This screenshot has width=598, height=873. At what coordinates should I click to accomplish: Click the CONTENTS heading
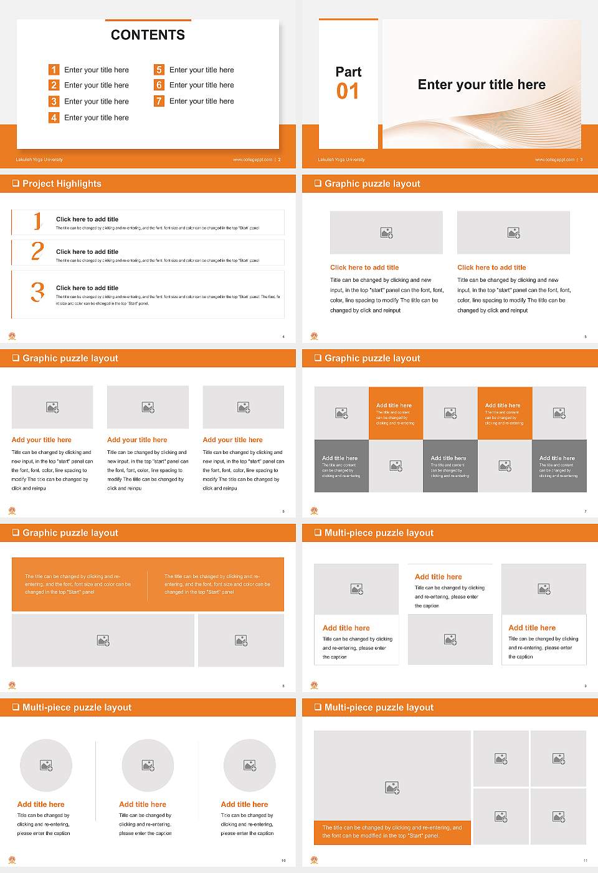tap(148, 35)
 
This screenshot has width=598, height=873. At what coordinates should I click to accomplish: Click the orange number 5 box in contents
tap(159, 70)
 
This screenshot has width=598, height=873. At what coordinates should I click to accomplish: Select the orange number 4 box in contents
tap(54, 117)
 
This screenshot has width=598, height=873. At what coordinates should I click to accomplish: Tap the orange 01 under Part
tap(348, 92)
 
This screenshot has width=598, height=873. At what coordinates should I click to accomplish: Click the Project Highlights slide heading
tap(62, 184)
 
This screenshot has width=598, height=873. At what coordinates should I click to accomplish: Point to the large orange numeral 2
tap(37, 251)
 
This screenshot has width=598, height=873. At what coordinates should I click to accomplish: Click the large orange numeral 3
tap(37, 292)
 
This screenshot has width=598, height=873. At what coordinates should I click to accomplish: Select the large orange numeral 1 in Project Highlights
tap(37, 221)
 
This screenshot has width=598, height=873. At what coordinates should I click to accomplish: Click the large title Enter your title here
tap(482, 85)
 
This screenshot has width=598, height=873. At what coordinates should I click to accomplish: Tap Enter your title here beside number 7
tap(201, 101)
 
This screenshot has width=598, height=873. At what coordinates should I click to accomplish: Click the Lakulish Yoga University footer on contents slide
tap(39, 160)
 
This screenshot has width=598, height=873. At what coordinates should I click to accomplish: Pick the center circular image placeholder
tap(148, 765)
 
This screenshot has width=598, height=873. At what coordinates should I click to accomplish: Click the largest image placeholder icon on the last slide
tap(392, 788)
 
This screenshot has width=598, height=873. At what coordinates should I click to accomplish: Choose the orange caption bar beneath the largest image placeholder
tap(392, 832)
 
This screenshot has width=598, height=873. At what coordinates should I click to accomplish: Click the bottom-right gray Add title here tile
tap(559, 466)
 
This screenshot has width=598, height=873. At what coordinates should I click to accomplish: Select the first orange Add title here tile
tap(396, 413)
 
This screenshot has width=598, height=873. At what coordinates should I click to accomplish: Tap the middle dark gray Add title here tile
tap(450, 466)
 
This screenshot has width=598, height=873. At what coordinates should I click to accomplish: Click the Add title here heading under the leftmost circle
tap(40, 804)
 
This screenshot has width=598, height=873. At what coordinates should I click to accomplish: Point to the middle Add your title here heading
tap(137, 440)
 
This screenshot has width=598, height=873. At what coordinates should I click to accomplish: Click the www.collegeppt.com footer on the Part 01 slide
tap(554, 160)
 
